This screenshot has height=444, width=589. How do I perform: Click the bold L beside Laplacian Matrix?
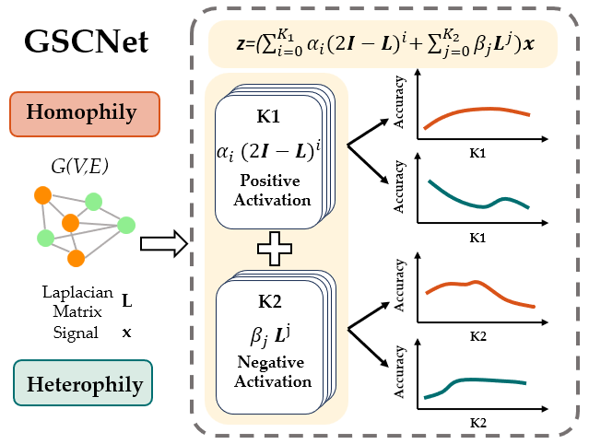tap(126, 300)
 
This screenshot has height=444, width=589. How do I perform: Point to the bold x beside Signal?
tap(126, 332)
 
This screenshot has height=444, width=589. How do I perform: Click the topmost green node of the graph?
tap(93, 202)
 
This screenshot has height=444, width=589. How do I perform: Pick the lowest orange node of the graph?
tap(77, 257)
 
